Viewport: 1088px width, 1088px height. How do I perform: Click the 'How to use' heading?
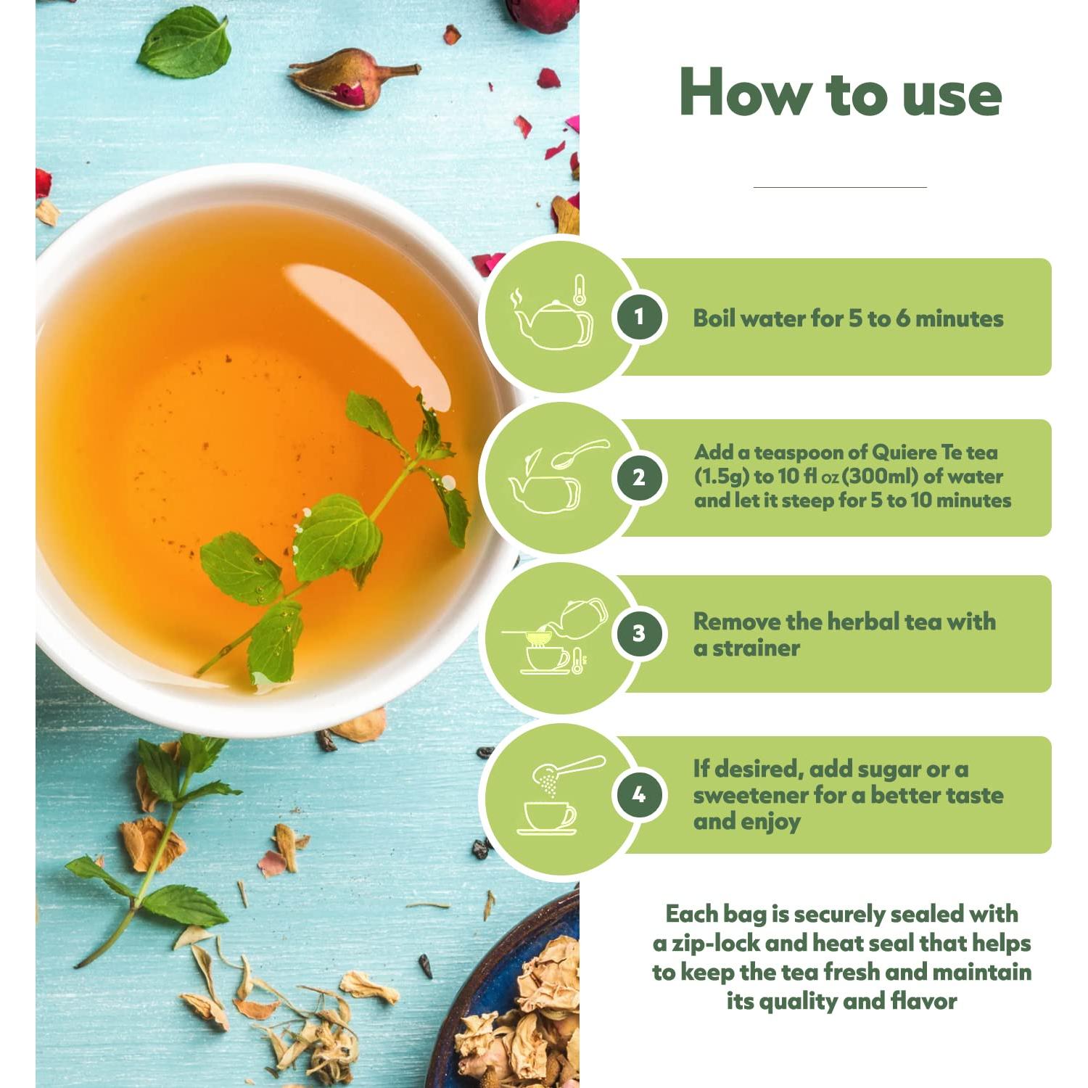(x=840, y=93)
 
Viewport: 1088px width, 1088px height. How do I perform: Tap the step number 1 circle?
(x=638, y=317)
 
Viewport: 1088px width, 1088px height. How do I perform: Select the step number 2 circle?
(x=638, y=477)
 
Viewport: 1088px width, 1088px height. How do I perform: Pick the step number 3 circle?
(x=638, y=633)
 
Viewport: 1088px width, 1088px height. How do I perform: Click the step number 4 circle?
(x=638, y=794)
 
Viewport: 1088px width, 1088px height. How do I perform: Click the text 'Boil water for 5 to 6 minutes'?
(x=847, y=318)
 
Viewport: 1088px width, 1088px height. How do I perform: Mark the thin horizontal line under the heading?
(x=840, y=187)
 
